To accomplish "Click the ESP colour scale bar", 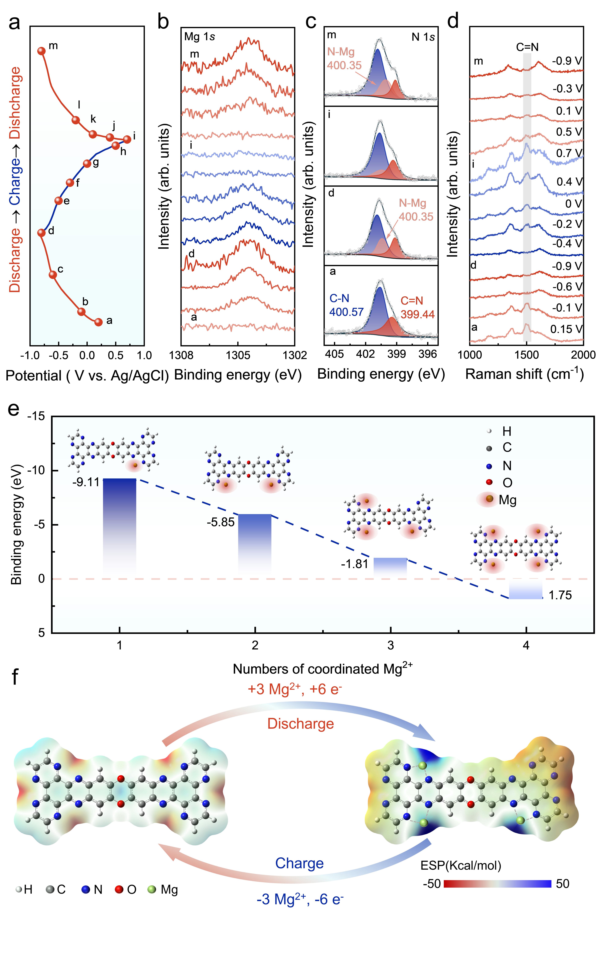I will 497,884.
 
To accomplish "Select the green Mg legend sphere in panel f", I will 152,889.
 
